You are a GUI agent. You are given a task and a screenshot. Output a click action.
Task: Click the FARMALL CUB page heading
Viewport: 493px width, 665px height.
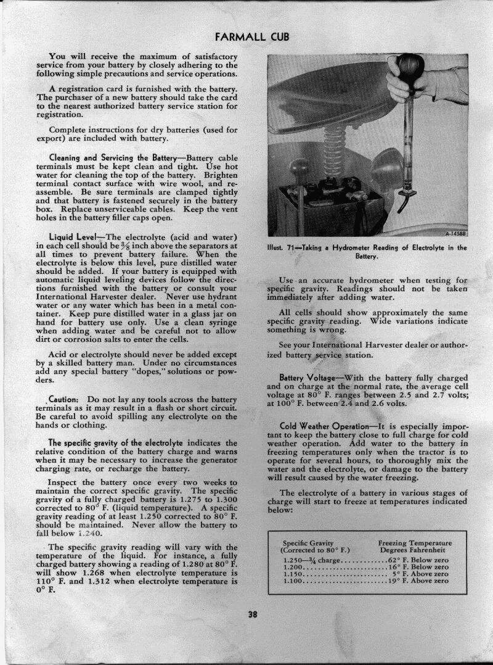[251, 36]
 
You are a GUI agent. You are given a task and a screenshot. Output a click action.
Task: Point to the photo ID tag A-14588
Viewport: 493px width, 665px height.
[455, 233]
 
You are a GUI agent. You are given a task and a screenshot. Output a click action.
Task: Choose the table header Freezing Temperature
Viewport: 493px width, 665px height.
[414, 543]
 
